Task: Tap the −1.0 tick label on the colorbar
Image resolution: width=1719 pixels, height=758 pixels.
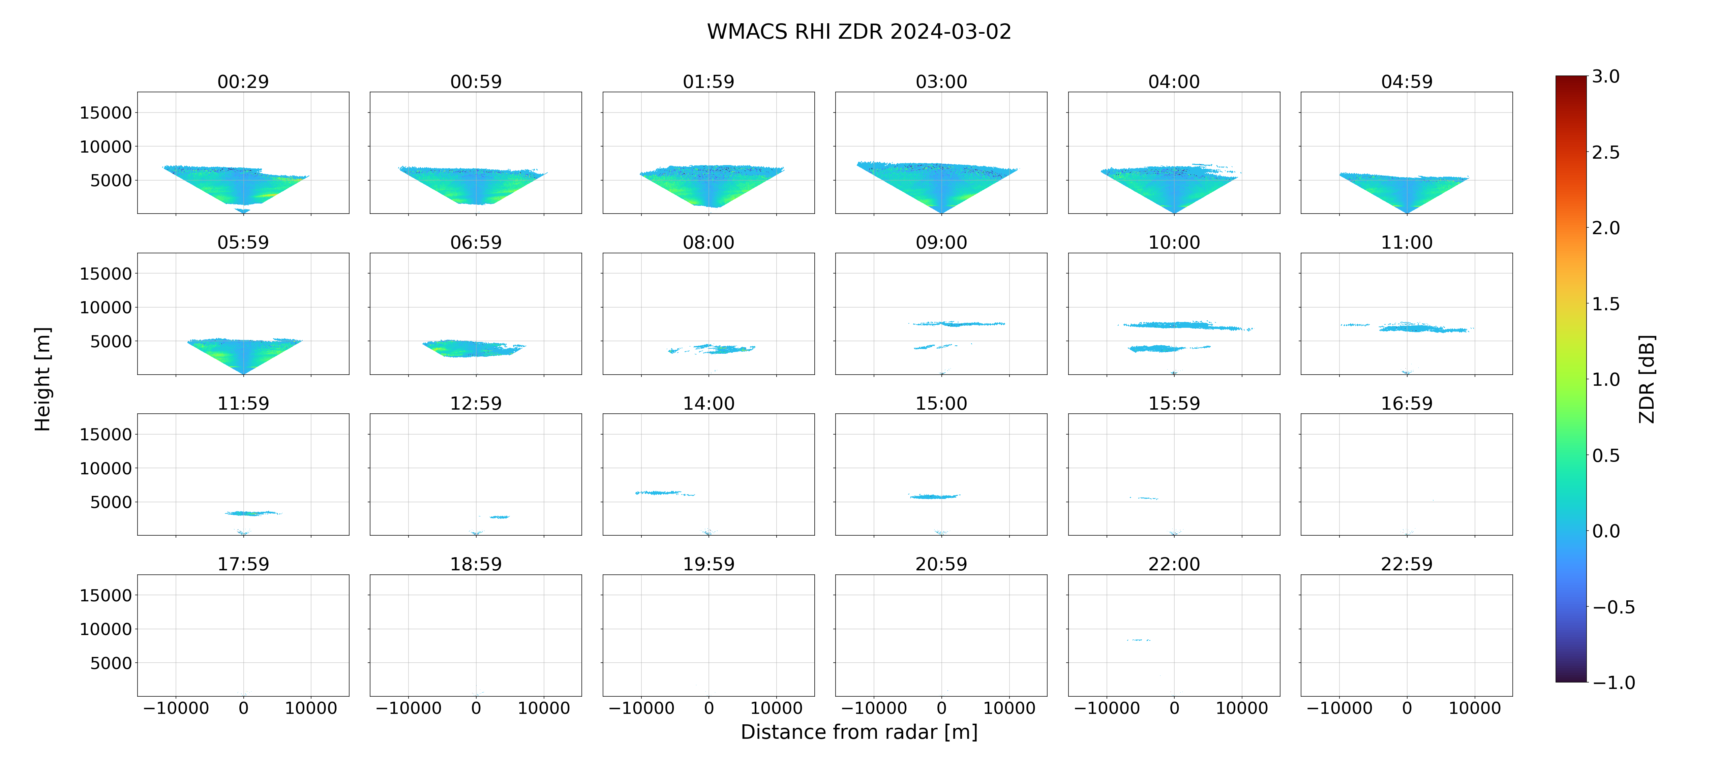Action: pyautogui.click(x=1614, y=683)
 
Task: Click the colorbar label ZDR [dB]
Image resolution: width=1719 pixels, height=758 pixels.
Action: pyautogui.click(x=1647, y=379)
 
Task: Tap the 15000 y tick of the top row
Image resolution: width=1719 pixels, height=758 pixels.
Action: pyautogui.click(x=105, y=113)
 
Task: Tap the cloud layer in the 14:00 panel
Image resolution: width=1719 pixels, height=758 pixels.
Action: pyautogui.click(x=665, y=493)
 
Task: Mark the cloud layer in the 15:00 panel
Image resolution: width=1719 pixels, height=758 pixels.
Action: pyautogui.click(x=934, y=497)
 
